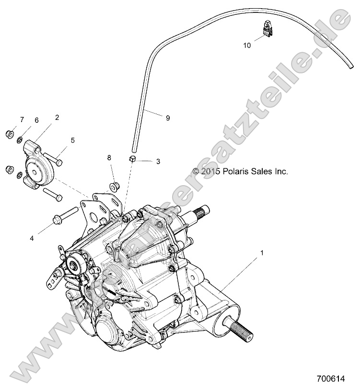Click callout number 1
click(262, 252)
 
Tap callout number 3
click(158, 162)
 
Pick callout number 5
click(73, 140)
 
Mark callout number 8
click(109, 157)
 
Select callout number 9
click(167, 118)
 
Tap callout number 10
click(247, 46)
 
